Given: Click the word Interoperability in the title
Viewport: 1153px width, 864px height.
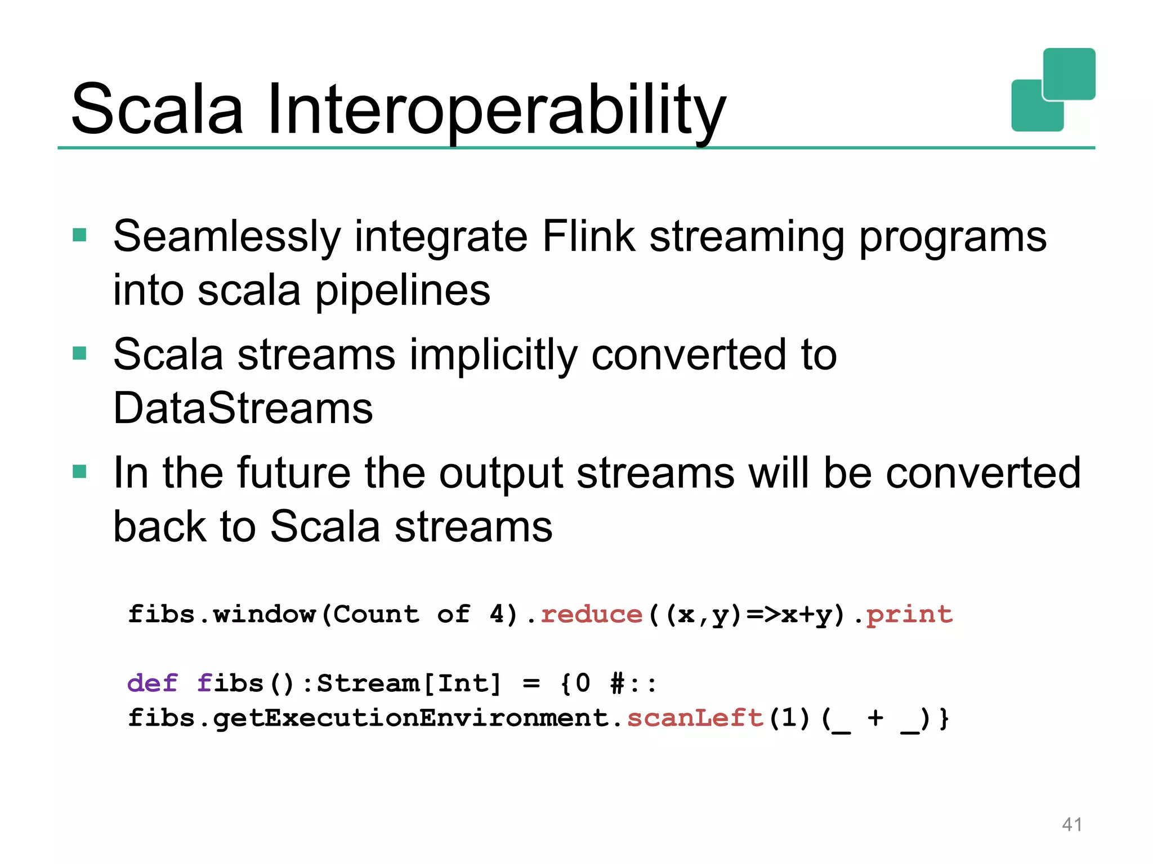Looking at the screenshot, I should [x=495, y=110].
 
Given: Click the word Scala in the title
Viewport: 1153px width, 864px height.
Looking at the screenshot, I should [x=158, y=110].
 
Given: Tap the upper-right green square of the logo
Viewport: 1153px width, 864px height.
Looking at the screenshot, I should [x=1069, y=74].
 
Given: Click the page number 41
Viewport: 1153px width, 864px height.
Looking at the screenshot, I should [x=1071, y=825].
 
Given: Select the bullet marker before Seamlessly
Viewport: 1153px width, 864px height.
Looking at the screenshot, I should [x=80, y=235].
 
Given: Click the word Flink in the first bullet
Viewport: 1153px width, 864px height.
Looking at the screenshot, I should [x=588, y=236].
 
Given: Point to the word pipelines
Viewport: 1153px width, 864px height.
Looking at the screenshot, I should [x=403, y=291].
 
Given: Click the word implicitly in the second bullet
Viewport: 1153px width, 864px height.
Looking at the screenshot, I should [x=493, y=355].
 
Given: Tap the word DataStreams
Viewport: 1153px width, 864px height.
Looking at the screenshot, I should [x=243, y=408].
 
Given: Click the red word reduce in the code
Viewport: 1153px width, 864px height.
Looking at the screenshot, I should [x=591, y=614].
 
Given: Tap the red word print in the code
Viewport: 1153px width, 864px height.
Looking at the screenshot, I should [x=909, y=614].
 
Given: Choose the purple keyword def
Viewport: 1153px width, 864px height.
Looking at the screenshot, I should [x=152, y=683].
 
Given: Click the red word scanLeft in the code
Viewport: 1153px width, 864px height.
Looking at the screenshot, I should [x=695, y=718].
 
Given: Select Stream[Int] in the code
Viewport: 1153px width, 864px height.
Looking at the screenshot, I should [x=409, y=683].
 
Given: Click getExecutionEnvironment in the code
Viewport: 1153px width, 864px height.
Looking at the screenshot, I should [x=411, y=718].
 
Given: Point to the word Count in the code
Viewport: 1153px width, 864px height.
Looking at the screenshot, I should [x=376, y=614].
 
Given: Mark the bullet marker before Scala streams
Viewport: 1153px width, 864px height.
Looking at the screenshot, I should [x=80, y=353].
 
